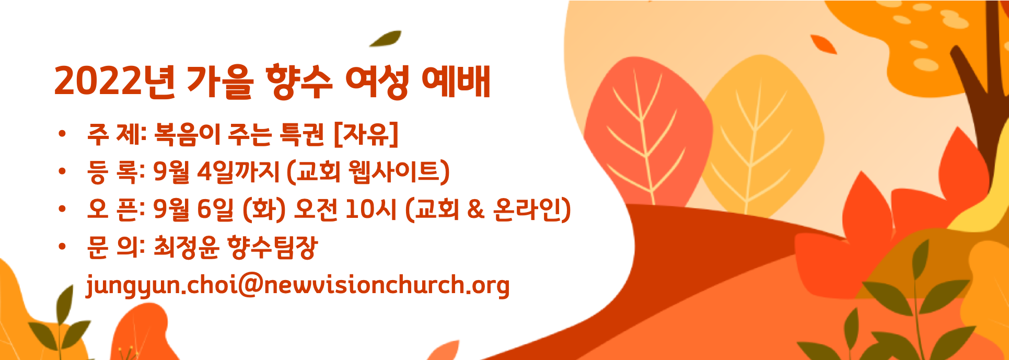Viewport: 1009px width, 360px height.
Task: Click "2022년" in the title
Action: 114,82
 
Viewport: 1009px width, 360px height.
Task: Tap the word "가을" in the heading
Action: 220,82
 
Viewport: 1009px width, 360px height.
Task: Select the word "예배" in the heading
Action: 456,82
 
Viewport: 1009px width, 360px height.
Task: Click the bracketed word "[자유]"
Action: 366,134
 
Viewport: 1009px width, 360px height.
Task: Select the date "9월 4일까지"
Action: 216,172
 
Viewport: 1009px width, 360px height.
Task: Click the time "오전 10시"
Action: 345,210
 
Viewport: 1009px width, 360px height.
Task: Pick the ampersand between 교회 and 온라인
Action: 475,210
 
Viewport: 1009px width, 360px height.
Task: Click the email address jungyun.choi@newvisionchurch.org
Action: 298,286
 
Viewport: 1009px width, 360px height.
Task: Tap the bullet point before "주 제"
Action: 63,134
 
